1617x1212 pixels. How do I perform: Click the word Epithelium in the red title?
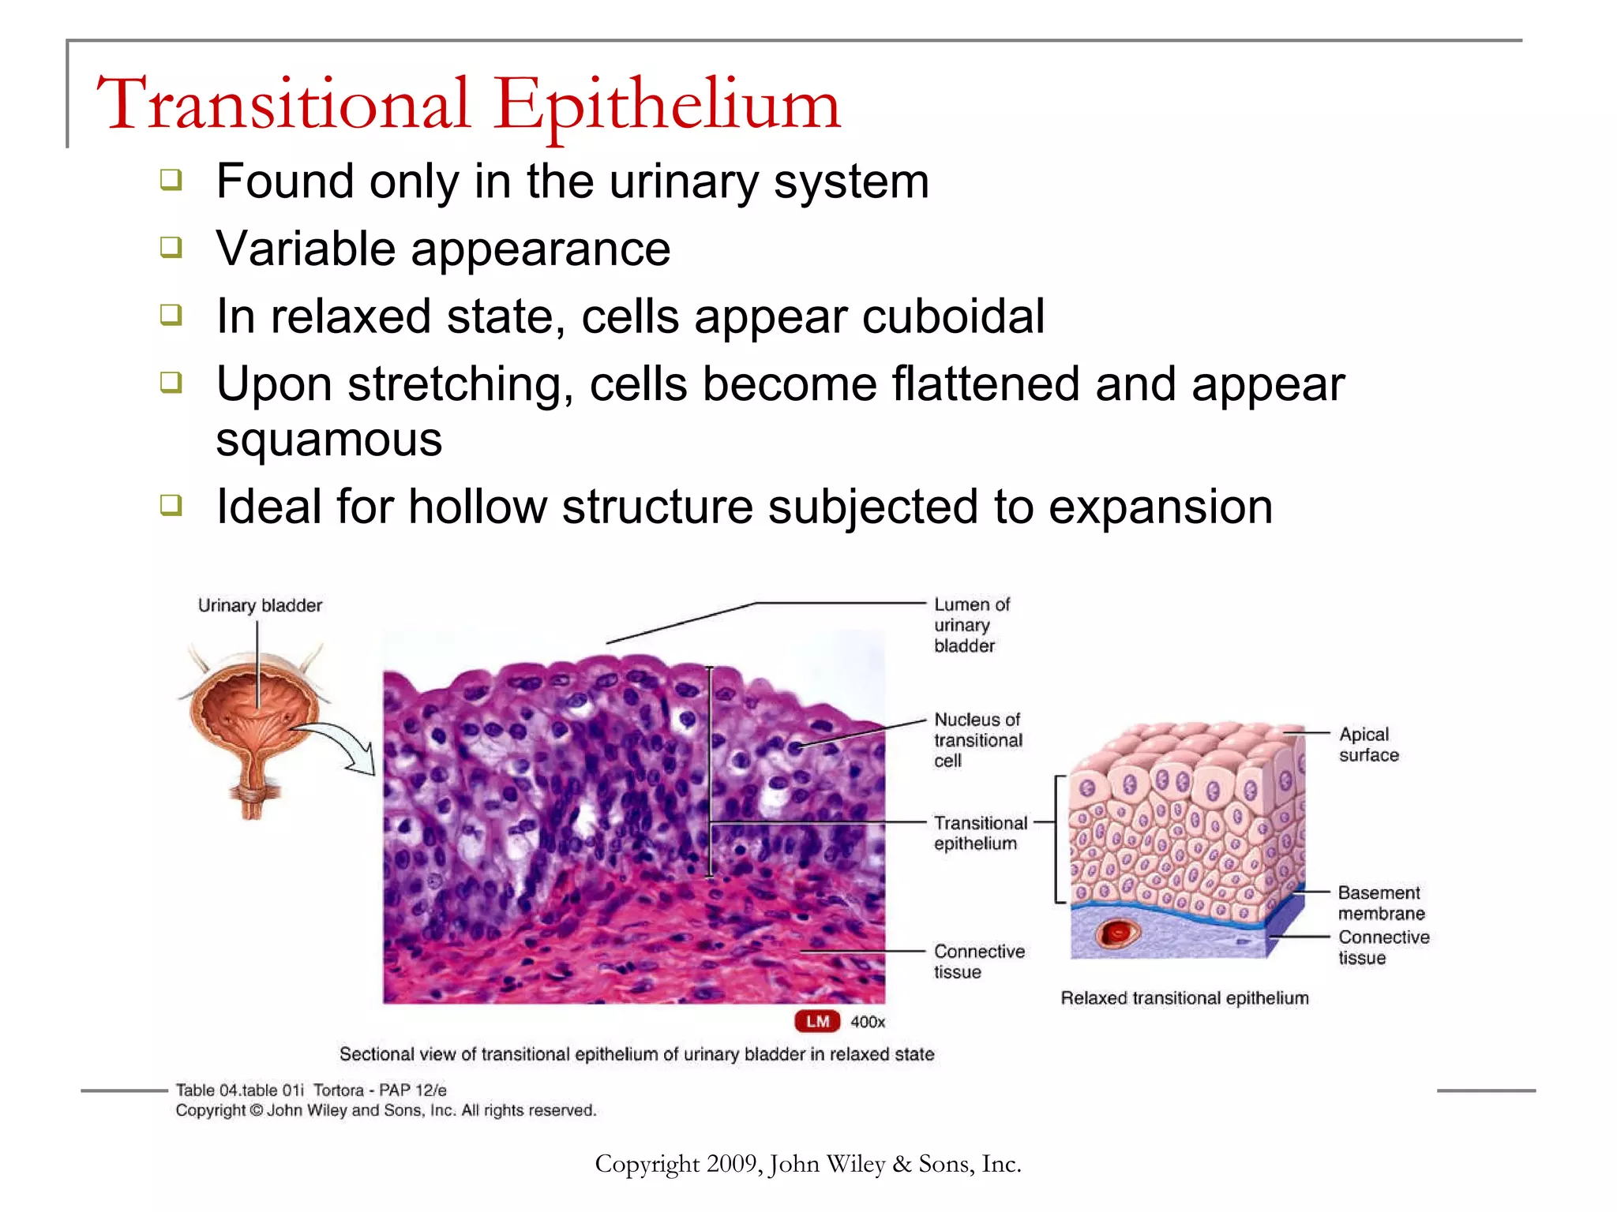point(667,104)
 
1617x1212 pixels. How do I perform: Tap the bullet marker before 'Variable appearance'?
point(171,248)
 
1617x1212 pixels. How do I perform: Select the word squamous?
point(328,440)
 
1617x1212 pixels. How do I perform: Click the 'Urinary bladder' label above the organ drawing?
point(260,605)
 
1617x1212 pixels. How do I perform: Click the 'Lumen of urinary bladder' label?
point(970,625)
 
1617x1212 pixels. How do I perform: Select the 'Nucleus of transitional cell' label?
point(977,740)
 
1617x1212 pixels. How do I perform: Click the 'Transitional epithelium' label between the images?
point(980,833)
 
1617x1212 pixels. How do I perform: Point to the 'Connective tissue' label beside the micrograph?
point(978,961)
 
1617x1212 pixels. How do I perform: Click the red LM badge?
point(817,1022)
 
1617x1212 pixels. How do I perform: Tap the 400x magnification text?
point(868,1022)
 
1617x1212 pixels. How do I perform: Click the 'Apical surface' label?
point(1368,745)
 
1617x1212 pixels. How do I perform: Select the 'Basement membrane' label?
point(1380,903)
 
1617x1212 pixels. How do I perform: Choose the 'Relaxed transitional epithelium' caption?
point(1184,998)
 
